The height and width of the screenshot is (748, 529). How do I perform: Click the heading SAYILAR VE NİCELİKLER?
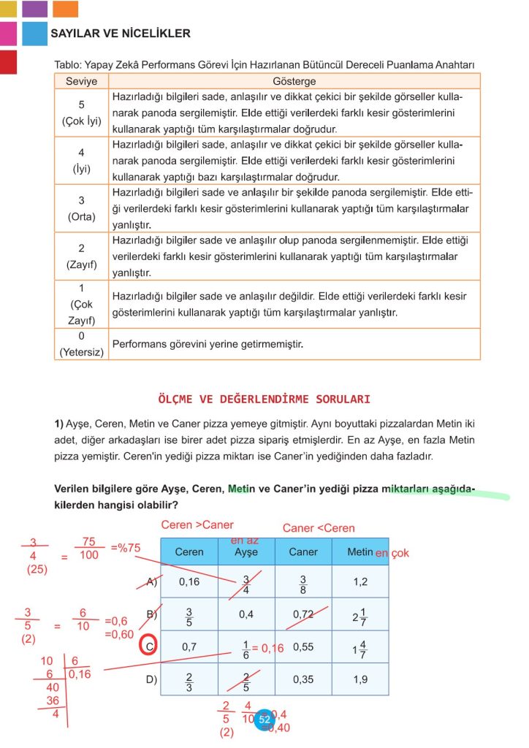click(x=121, y=34)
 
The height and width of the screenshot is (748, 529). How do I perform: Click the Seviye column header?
click(x=81, y=81)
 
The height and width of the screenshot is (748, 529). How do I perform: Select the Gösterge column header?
click(x=294, y=81)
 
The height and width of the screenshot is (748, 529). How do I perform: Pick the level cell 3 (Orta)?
click(x=81, y=208)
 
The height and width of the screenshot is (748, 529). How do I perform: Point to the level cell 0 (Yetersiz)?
click(x=81, y=344)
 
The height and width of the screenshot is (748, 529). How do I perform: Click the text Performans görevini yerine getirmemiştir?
click(x=207, y=343)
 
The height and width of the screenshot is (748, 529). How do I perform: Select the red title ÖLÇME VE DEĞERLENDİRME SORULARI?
click(x=264, y=400)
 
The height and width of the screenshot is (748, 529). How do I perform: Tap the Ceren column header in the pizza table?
click(x=189, y=552)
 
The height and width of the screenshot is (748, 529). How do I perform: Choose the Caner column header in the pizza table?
click(x=303, y=552)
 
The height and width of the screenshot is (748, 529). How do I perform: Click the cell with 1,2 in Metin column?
click(x=360, y=582)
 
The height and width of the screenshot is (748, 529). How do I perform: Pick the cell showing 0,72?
click(x=303, y=614)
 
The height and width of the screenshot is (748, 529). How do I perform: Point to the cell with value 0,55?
click(x=303, y=647)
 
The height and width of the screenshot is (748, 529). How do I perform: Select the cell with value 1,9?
click(x=360, y=679)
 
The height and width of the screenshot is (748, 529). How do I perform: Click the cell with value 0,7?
click(x=189, y=647)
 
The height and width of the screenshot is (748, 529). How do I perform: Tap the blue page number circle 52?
click(x=264, y=719)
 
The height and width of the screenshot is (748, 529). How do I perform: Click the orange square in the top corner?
click(x=66, y=9)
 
